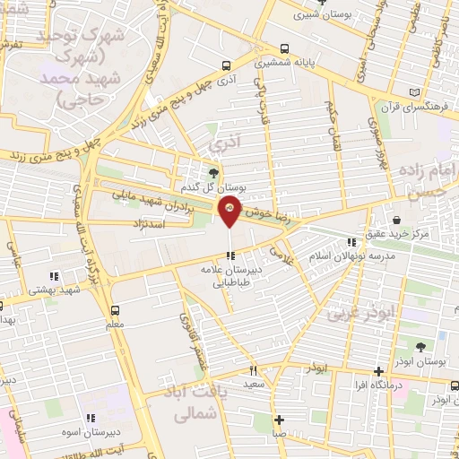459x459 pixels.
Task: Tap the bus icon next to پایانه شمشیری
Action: [x=284, y=49]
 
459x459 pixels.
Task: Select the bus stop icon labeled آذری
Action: [x=226, y=65]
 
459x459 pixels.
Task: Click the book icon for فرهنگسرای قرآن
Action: [x=413, y=92]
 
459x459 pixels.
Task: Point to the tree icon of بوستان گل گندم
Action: [x=213, y=173]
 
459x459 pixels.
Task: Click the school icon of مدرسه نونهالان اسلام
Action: [x=351, y=240]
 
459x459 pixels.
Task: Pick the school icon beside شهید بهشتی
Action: [x=54, y=276]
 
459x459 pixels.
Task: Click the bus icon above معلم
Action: [x=115, y=311]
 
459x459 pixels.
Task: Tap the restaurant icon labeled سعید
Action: [x=254, y=369]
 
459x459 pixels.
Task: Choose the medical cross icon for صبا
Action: [x=281, y=420]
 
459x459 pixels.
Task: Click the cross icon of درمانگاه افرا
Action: [x=379, y=371]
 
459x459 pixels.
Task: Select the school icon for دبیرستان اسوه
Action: [x=90, y=417]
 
